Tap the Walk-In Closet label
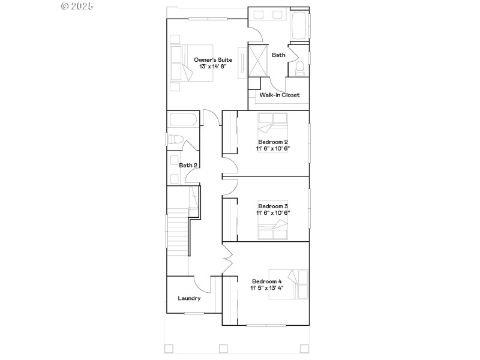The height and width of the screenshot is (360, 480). click(x=279, y=95)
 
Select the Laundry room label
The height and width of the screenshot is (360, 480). click(x=189, y=298)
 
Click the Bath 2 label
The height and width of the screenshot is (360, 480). click(x=188, y=165)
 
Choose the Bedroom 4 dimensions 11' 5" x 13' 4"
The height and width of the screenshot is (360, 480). click(x=267, y=288)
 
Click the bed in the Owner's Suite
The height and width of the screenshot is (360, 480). click(x=191, y=63)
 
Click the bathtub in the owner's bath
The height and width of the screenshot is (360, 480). click(x=299, y=25)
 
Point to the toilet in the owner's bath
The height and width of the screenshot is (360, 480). click(x=299, y=67)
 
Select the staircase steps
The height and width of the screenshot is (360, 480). click(x=178, y=231)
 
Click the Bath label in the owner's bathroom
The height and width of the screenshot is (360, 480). click(x=279, y=55)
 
